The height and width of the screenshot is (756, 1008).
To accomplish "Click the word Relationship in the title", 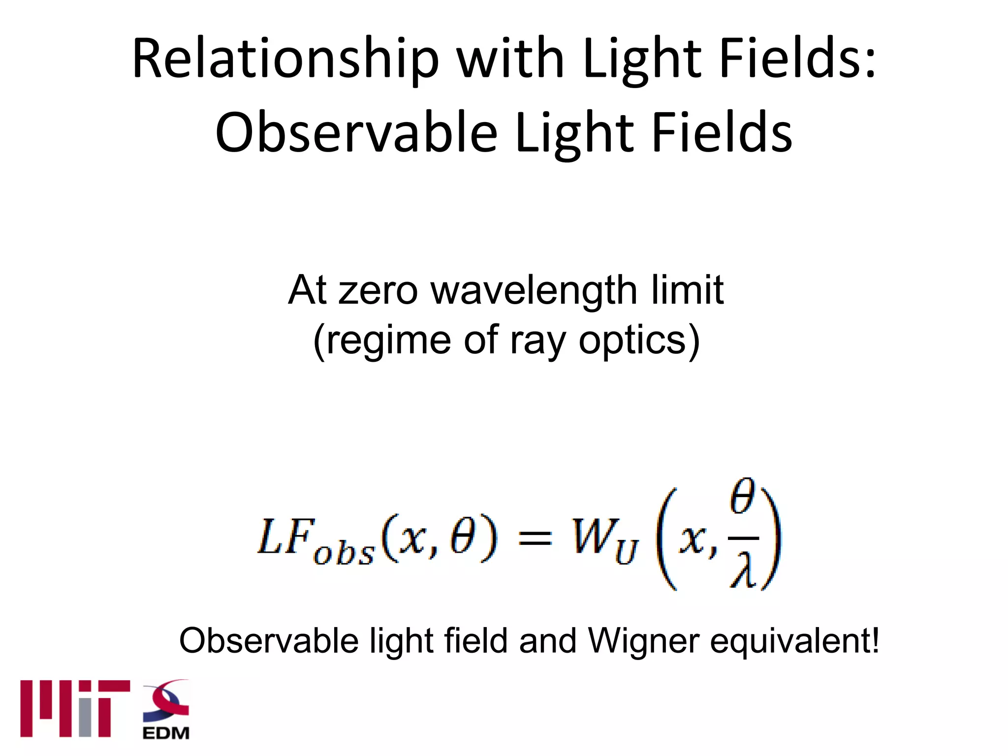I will pyautogui.click(x=285, y=59).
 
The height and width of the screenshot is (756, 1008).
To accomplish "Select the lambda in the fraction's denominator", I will pyautogui.click(x=743, y=571).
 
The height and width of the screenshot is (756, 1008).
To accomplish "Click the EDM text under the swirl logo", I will pyautogui.click(x=166, y=733).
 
